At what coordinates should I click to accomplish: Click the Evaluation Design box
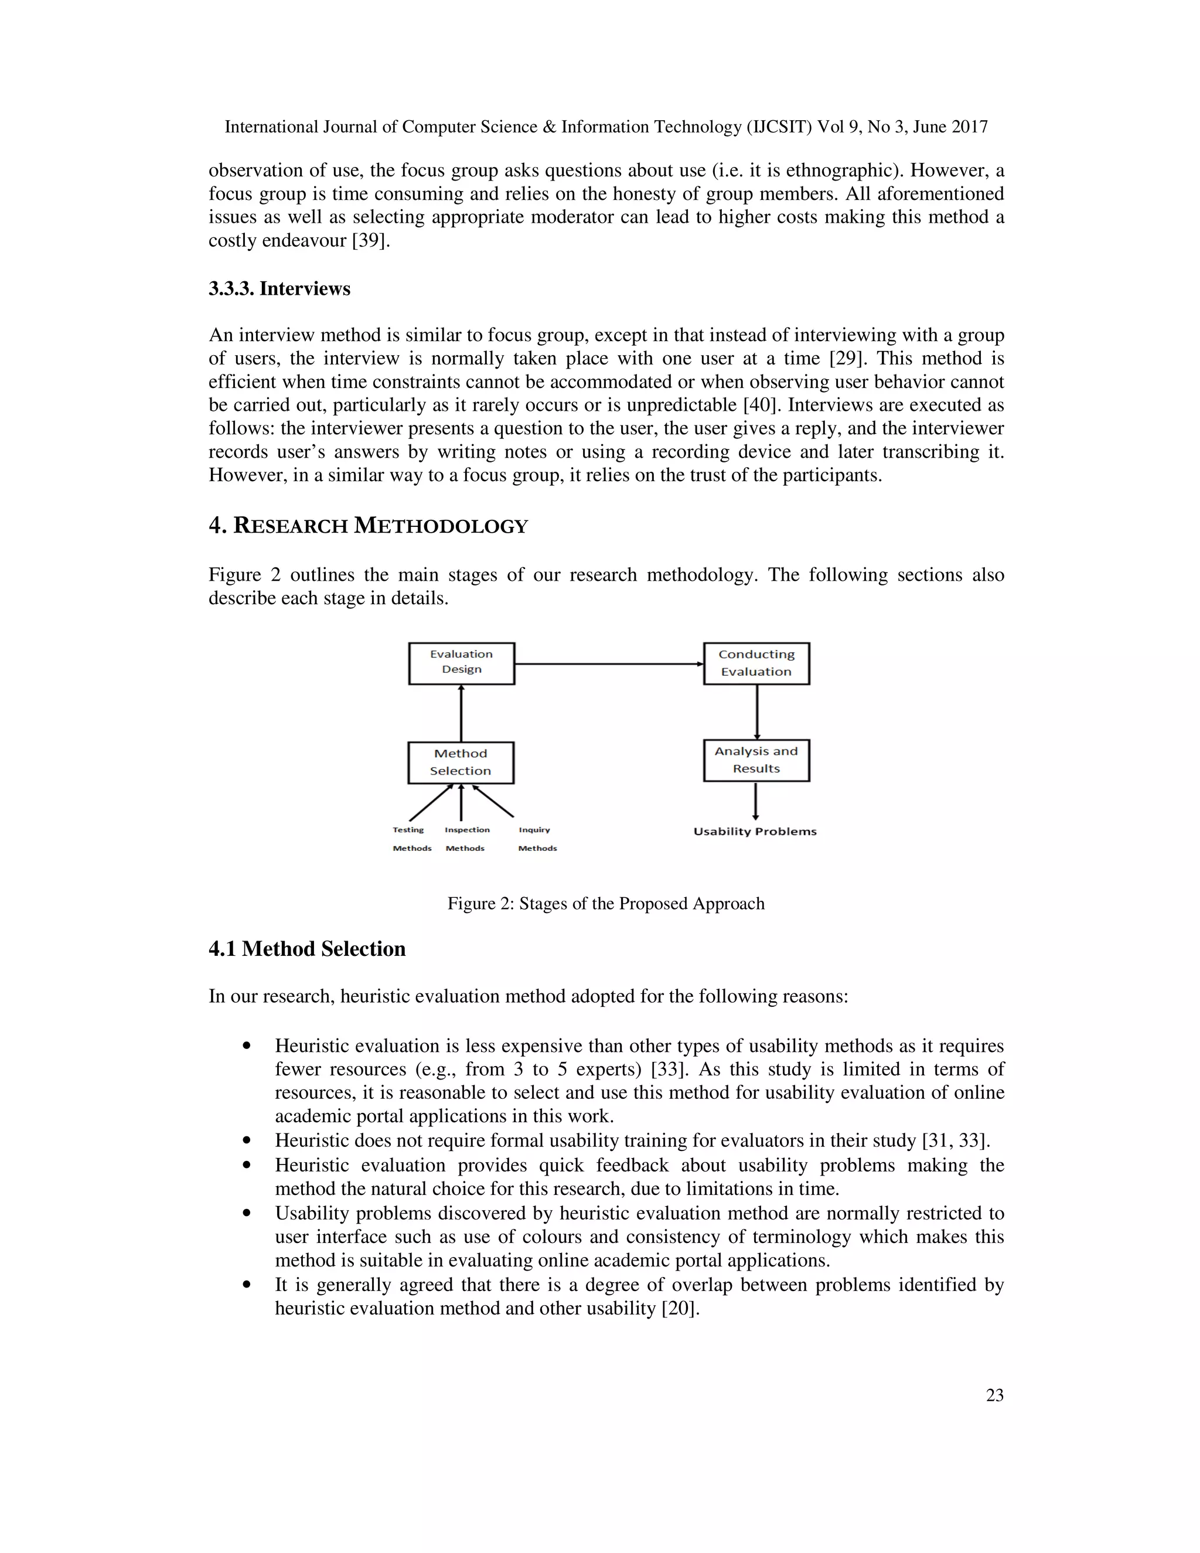(x=461, y=663)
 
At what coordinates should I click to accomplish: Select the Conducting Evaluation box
(x=756, y=663)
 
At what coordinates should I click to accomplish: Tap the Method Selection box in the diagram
(x=461, y=762)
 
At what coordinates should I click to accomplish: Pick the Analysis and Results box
(x=756, y=760)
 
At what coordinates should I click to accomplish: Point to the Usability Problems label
(x=755, y=831)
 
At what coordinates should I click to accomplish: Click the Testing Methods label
(x=411, y=839)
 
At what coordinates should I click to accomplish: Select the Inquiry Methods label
(x=537, y=839)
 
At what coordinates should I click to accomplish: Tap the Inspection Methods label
(x=466, y=839)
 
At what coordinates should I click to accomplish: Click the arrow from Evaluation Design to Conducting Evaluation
(x=609, y=663)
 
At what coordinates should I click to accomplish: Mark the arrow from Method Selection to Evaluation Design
(x=461, y=713)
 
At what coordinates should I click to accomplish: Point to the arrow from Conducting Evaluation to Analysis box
(x=756, y=712)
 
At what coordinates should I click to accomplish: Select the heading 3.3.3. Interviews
(x=279, y=289)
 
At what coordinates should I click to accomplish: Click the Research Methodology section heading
(x=368, y=526)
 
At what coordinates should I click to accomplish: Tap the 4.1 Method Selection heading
(x=307, y=949)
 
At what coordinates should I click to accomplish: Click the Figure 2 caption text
(x=606, y=903)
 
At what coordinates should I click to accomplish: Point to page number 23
(x=994, y=1395)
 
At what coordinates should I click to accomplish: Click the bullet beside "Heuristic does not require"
(x=247, y=1140)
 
